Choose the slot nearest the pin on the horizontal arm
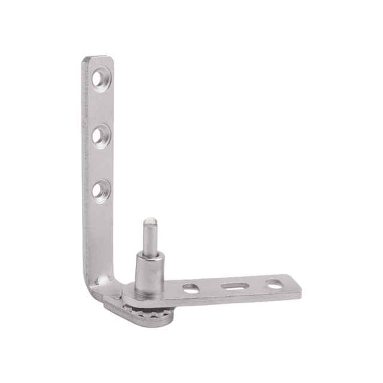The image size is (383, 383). point(191,288)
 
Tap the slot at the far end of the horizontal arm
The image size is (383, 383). point(275,283)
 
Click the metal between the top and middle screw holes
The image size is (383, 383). point(99,108)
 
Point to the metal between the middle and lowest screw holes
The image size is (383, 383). point(99,163)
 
